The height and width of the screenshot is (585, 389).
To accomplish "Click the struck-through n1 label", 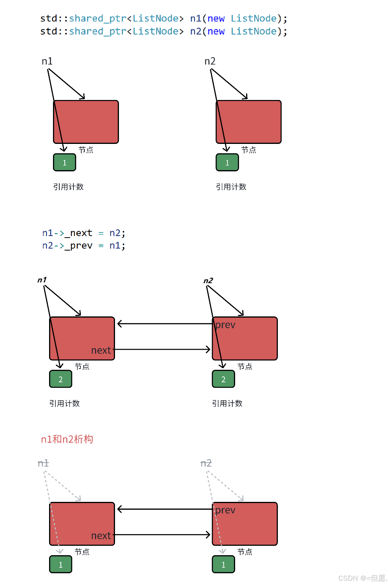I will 43,463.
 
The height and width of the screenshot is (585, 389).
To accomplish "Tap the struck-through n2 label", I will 206,463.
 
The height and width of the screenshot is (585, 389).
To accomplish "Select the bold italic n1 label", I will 42,280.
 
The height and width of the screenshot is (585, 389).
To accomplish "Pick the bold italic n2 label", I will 208,280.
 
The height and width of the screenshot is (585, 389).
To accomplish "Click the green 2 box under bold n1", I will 60,379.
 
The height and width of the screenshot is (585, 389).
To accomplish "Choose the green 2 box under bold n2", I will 223,379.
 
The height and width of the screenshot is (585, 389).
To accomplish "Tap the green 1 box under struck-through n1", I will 60,565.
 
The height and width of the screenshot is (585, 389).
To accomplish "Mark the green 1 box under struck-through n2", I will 223,565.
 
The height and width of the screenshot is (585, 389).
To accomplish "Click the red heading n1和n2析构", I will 67,439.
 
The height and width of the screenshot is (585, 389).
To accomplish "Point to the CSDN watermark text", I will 362,578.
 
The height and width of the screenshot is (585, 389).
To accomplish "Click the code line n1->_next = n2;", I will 84,233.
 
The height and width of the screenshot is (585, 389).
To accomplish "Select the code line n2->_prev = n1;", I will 84,245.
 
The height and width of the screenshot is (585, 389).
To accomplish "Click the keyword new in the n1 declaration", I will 216,18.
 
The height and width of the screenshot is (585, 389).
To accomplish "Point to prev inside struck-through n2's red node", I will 225,510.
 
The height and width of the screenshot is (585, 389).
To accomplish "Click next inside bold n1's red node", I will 101,350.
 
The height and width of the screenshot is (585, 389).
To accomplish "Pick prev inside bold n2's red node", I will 225,325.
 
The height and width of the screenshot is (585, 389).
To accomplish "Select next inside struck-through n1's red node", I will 101,536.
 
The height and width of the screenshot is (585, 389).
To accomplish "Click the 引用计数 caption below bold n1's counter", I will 64,403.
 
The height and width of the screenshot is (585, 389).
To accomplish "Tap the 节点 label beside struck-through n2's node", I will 245,552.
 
